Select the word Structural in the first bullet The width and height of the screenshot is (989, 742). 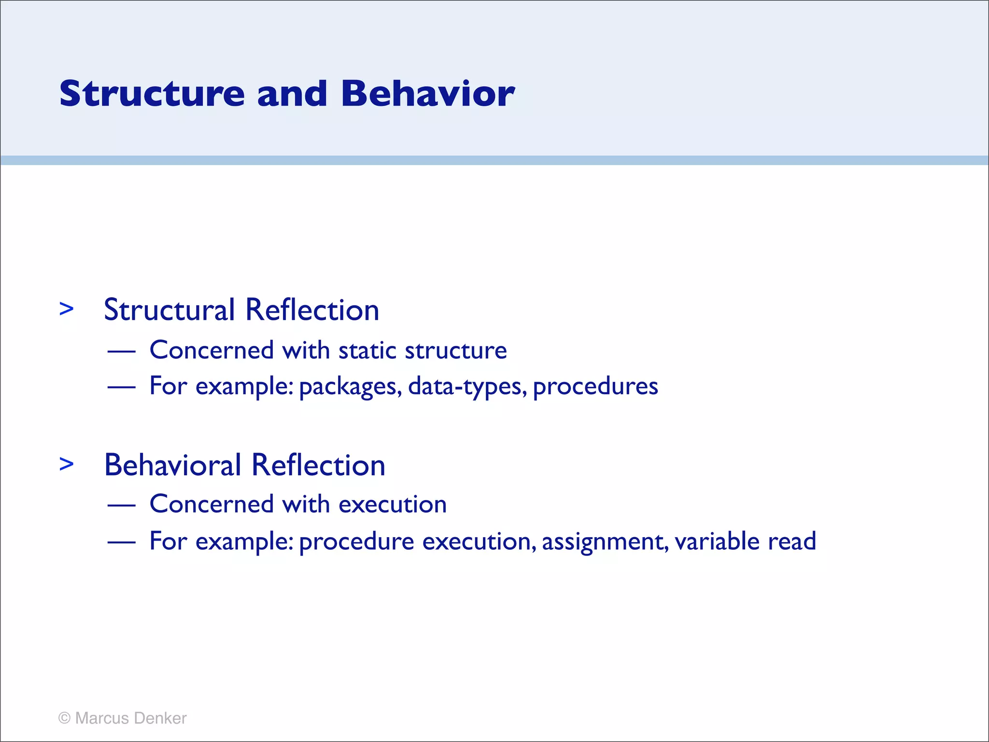coord(169,310)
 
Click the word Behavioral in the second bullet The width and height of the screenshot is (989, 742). coord(172,465)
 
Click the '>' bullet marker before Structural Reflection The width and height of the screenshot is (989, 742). coord(67,309)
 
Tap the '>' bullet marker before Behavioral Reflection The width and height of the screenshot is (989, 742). coord(67,464)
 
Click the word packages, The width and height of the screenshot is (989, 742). coord(351,387)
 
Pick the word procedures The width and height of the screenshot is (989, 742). coord(595,387)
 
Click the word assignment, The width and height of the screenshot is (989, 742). coord(605,542)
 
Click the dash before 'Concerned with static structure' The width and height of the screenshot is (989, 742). coord(121,351)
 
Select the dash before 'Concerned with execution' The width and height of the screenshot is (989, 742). coord(121,505)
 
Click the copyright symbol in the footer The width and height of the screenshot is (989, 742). coord(64,718)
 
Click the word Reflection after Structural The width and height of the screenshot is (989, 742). coord(312,310)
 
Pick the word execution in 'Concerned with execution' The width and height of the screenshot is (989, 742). coord(393,505)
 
